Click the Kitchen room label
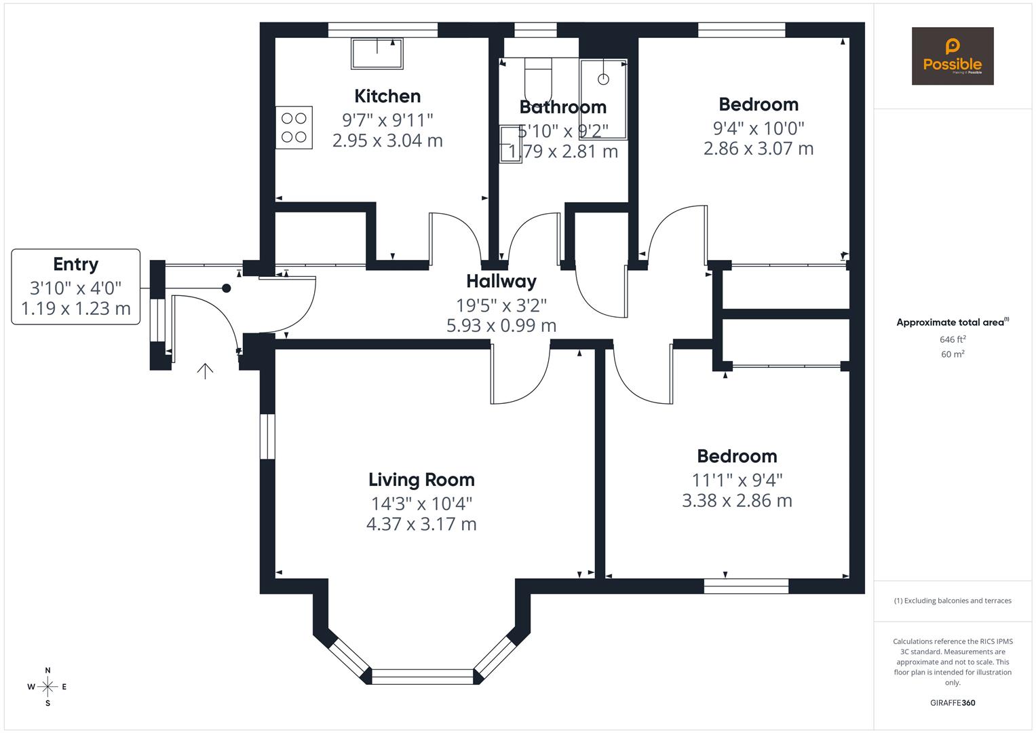pyautogui.click(x=387, y=96)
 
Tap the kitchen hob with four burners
pyautogui.click(x=294, y=128)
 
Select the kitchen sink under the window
pyautogui.click(x=377, y=54)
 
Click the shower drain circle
pyautogui.click(x=604, y=79)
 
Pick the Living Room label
pyautogui.click(x=421, y=480)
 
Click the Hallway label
pyautogui.click(x=501, y=281)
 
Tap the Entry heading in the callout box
pyautogui.click(x=76, y=264)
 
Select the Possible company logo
pyautogui.click(x=953, y=56)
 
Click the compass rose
pyautogui.click(x=47, y=687)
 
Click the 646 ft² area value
pyautogui.click(x=953, y=339)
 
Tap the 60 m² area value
pyautogui.click(x=953, y=354)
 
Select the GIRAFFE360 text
pyautogui.click(x=953, y=702)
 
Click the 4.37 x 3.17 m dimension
pyautogui.click(x=421, y=524)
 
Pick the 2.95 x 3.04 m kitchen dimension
pyautogui.click(x=387, y=140)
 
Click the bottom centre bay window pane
pyautogui.click(x=423, y=677)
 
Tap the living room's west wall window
pyautogui.click(x=267, y=436)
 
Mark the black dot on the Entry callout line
pyautogui.click(x=226, y=288)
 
